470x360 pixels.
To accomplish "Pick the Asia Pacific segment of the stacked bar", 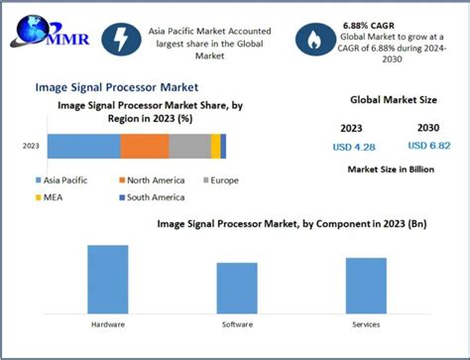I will tap(83, 146).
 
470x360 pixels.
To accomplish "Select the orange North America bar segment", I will tap(145, 146).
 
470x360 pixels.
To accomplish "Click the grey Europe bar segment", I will tap(189, 146).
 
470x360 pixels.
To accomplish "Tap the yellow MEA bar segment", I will tap(215, 146).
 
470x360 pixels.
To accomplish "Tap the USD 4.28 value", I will tap(354, 147).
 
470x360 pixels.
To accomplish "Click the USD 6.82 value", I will tap(425, 147).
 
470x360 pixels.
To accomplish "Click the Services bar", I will tap(366, 286).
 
